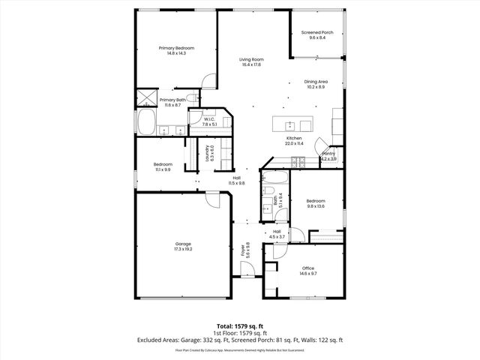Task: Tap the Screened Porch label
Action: click(317, 33)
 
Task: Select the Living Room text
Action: click(251, 59)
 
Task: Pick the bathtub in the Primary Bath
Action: click(145, 121)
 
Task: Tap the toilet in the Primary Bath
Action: click(191, 98)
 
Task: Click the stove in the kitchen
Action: click(298, 160)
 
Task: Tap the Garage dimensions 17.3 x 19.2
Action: click(183, 248)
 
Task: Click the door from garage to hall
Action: click(213, 196)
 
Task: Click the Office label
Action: click(308, 268)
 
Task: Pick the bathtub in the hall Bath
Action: click(274, 180)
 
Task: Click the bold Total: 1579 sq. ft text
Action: click(240, 327)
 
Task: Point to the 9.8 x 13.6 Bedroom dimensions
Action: click(315, 205)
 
